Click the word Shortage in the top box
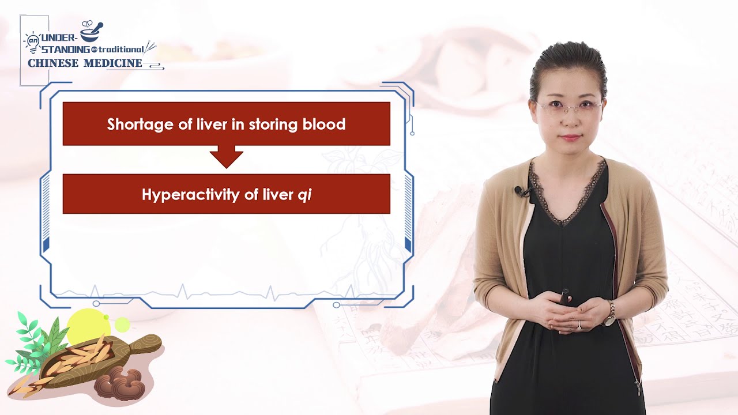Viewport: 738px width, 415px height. click(134, 124)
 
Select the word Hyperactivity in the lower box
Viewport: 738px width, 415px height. click(191, 195)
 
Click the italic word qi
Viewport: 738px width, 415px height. click(304, 195)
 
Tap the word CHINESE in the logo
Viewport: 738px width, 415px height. click(53, 63)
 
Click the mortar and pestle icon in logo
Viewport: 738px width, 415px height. click(92, 31)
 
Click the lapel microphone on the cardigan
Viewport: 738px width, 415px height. click(521, 191)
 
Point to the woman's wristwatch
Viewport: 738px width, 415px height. click(609, 314)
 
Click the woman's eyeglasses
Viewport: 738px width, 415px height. click(568, 107)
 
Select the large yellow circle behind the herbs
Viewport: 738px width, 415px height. click(87, 326)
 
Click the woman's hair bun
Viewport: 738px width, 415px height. click(568, 55)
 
